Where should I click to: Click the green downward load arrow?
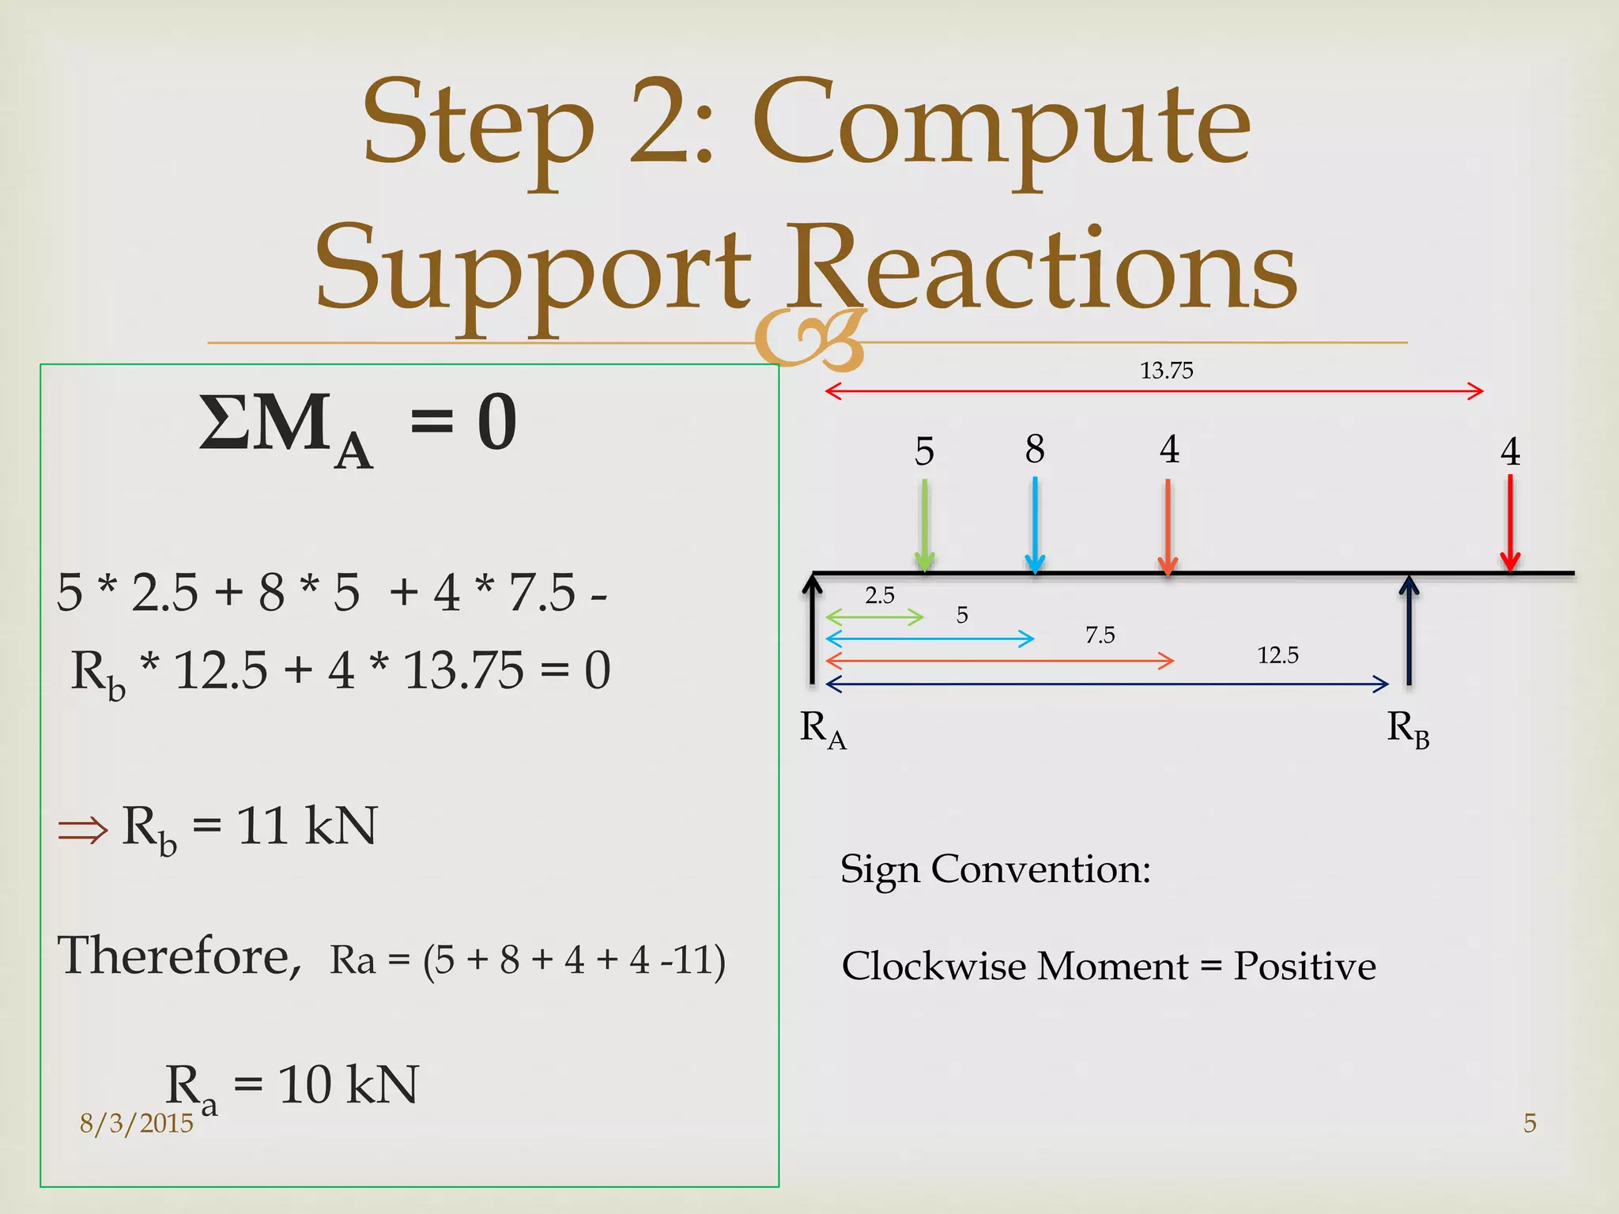[x=924, y=526]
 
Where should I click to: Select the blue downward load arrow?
[x=1035, y=526]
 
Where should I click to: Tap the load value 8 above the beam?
[x=1035, y=449]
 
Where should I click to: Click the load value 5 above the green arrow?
[x=924, y=451]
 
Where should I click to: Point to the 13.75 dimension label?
[x=1166, y=370]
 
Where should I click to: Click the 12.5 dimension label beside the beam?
[x=1277, y=654]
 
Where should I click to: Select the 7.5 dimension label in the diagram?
[x=1100, y=635]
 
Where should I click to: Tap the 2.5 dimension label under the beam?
[x=879, y=595]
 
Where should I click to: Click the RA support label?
[x=822, y=729]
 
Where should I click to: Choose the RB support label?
[x=1408, y=729]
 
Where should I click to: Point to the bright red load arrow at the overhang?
[x=1510, y=522]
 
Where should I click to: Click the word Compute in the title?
[x=1002, y=126]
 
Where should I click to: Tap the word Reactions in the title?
[x=1043, y=269]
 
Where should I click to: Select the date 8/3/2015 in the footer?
[x=136, y=1123]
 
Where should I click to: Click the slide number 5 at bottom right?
[x=1530, y=1123]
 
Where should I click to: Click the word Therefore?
[x=179, y=956]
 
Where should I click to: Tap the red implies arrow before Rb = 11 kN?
[x=83, y=830]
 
